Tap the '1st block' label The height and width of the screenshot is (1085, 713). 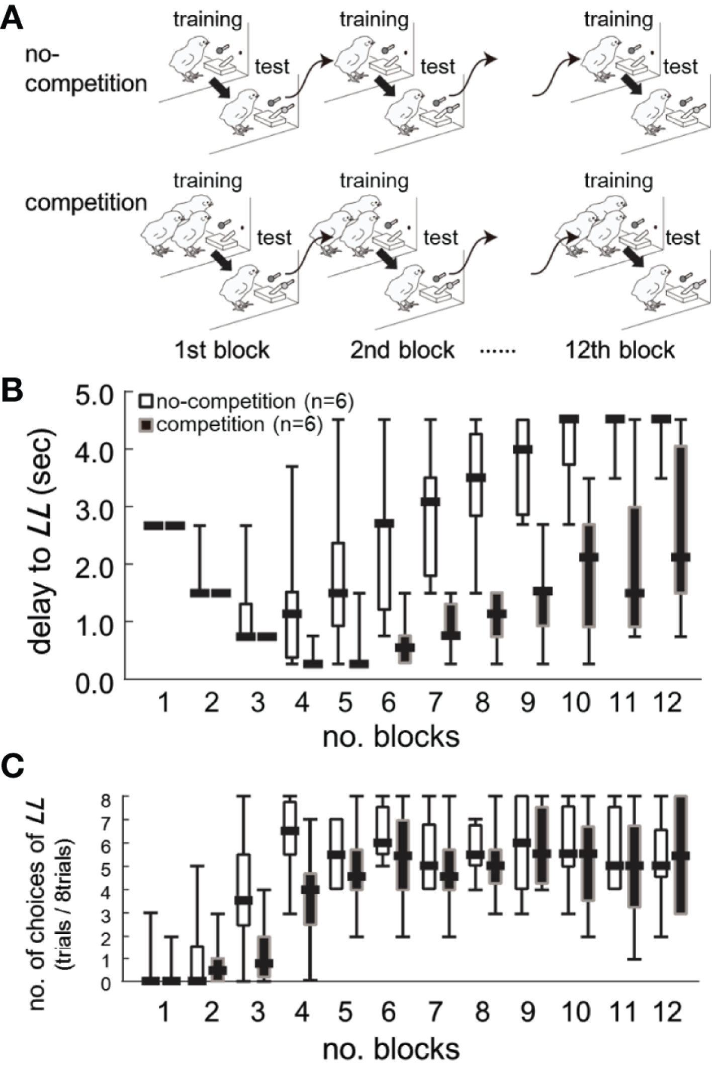pos(222,350)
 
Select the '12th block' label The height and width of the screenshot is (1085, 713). pos(619,350)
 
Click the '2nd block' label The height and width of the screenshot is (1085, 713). pos(402,350)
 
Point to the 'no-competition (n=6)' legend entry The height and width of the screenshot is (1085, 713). pos(246,402)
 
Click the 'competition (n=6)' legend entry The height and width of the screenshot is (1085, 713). pos(231,424)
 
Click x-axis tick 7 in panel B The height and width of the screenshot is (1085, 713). pos(435,702)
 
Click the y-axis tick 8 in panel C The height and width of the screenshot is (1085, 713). pos(106,796)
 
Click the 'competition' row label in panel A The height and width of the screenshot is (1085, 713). pos(85,203)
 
